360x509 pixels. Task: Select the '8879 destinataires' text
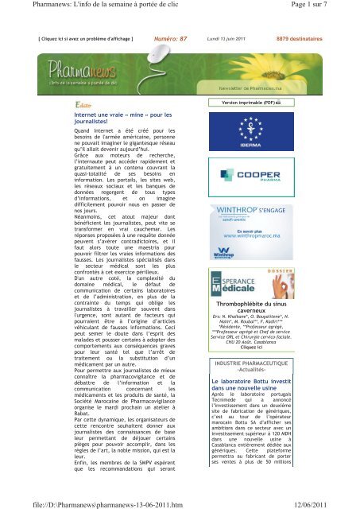coord(300,37)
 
